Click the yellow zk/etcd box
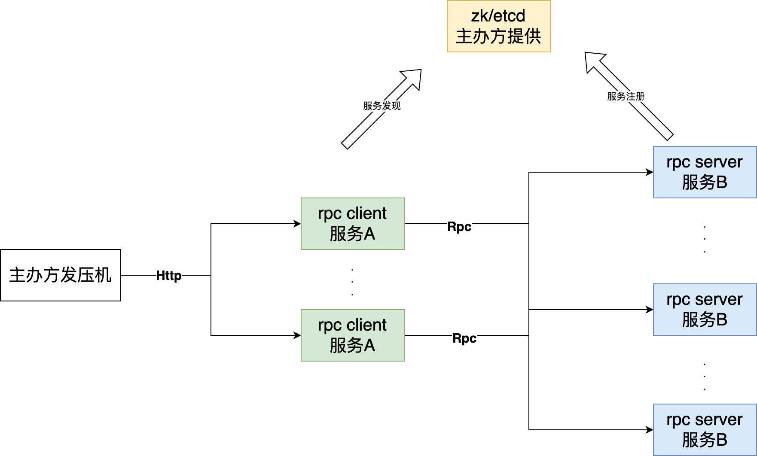(x=498, y=26)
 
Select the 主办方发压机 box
(x=61, y=275)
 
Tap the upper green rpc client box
(x=352, y=224)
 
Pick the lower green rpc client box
(x=352, y=335)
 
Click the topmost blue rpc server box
(x=705, y=172)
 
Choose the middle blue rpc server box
(x=705, y=310)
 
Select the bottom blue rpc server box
(x=705, y=430)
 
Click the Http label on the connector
(x=168, y=276)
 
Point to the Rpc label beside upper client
(x=459, y=227)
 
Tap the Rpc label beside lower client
(x=464, y=338)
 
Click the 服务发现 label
(x=382, y=106)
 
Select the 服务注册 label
(x=626, y=96)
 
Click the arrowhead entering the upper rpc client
(x=297, y=224)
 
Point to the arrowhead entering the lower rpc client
(x=297, y=335)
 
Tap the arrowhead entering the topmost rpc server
(x=649, y=172)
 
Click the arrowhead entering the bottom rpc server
(x=649, y=430)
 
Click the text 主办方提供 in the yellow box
(x=498, y=36)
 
